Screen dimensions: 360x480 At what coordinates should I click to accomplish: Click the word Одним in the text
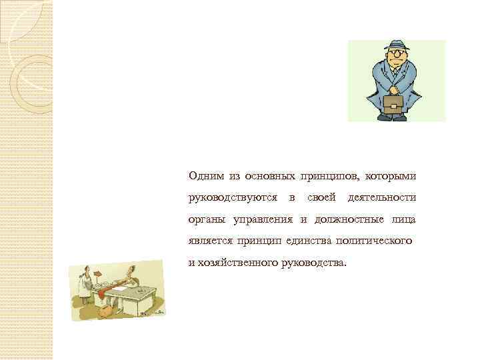pos(206,176)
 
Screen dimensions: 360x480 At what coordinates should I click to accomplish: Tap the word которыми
pos(391,176)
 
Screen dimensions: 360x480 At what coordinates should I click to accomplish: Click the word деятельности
pos(382,198)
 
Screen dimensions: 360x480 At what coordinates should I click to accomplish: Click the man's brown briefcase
pos(394,103)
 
